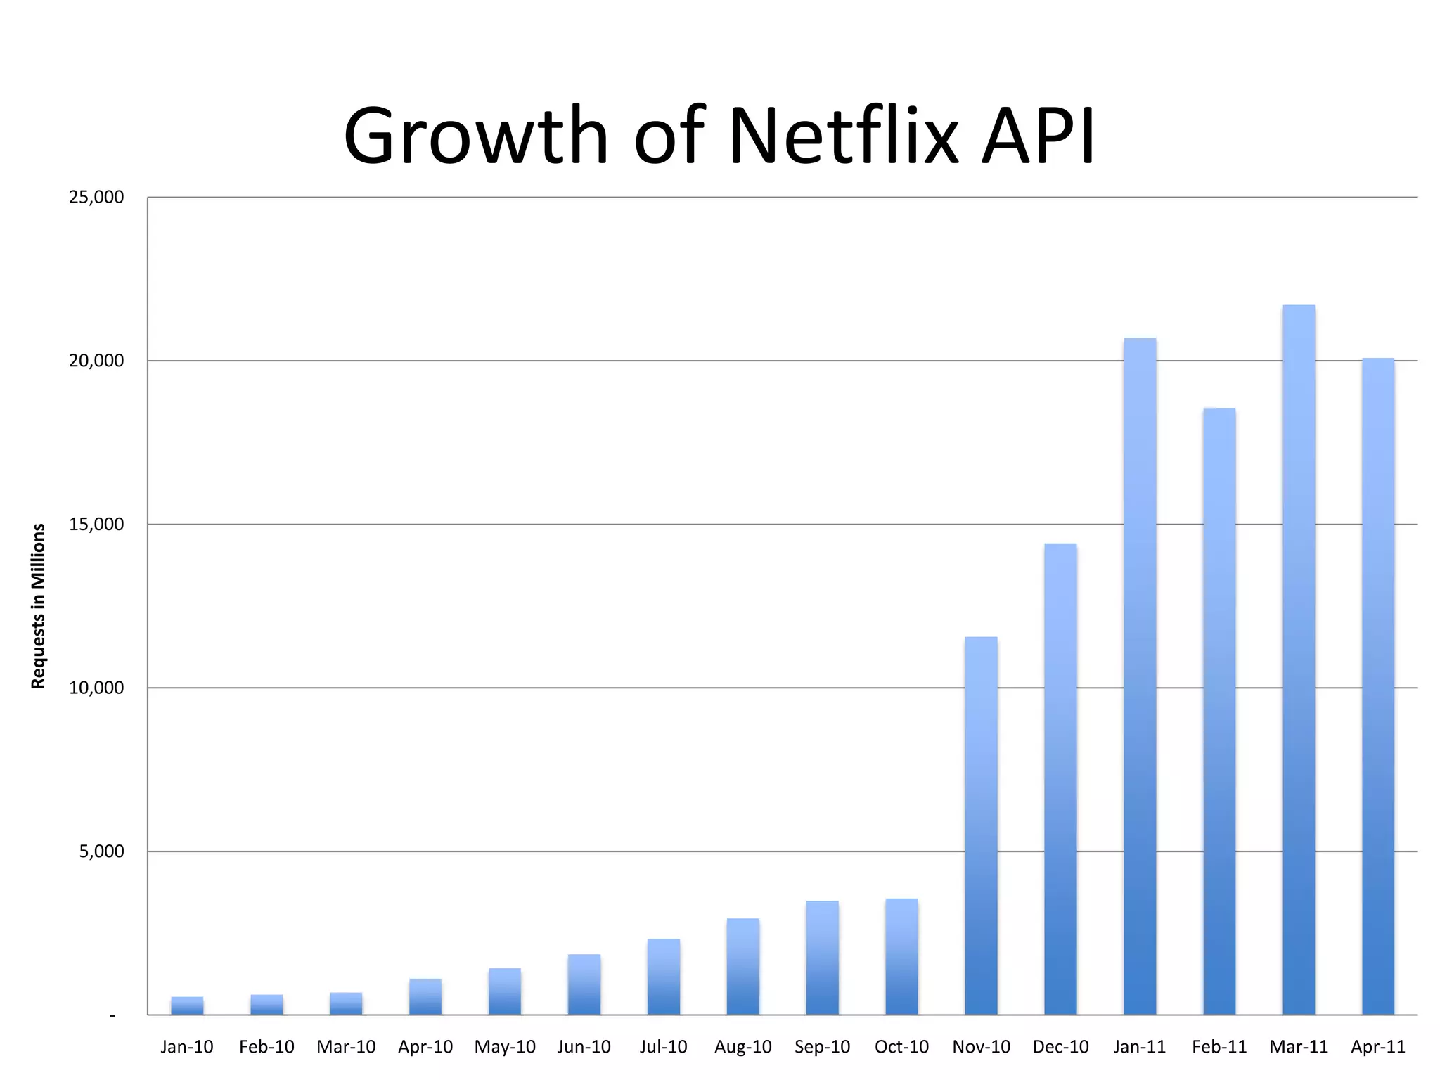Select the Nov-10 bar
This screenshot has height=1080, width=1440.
tap(981, 825)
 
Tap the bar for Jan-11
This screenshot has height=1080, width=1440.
tap(1140, 676)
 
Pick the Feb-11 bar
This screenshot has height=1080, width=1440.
tap(1219, 711)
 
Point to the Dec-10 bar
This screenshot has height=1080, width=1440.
tap(1060, 779)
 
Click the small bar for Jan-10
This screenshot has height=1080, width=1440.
tap(187, 1006)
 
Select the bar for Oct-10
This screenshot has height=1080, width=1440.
tap(901, 957)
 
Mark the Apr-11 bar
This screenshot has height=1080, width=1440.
tap(1378, 686)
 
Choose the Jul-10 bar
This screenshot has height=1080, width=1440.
tap(664, 977)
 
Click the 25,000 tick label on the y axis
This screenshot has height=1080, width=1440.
tap(96, 197)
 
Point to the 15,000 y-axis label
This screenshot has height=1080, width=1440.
tap(96, 525)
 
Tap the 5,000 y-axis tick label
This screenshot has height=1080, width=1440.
tap(101, 851)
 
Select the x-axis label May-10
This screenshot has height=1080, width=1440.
tap(505, 1047)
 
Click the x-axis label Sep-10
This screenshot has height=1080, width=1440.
tap(822, 1047)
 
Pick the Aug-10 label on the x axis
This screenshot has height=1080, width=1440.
tap(742, 1047)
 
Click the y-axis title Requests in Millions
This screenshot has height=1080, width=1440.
tap(38, 606)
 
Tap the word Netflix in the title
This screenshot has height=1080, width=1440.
tap(844, 135)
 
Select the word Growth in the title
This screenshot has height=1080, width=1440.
tap(475, 135)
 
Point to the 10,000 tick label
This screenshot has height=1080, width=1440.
tap(96, 688)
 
